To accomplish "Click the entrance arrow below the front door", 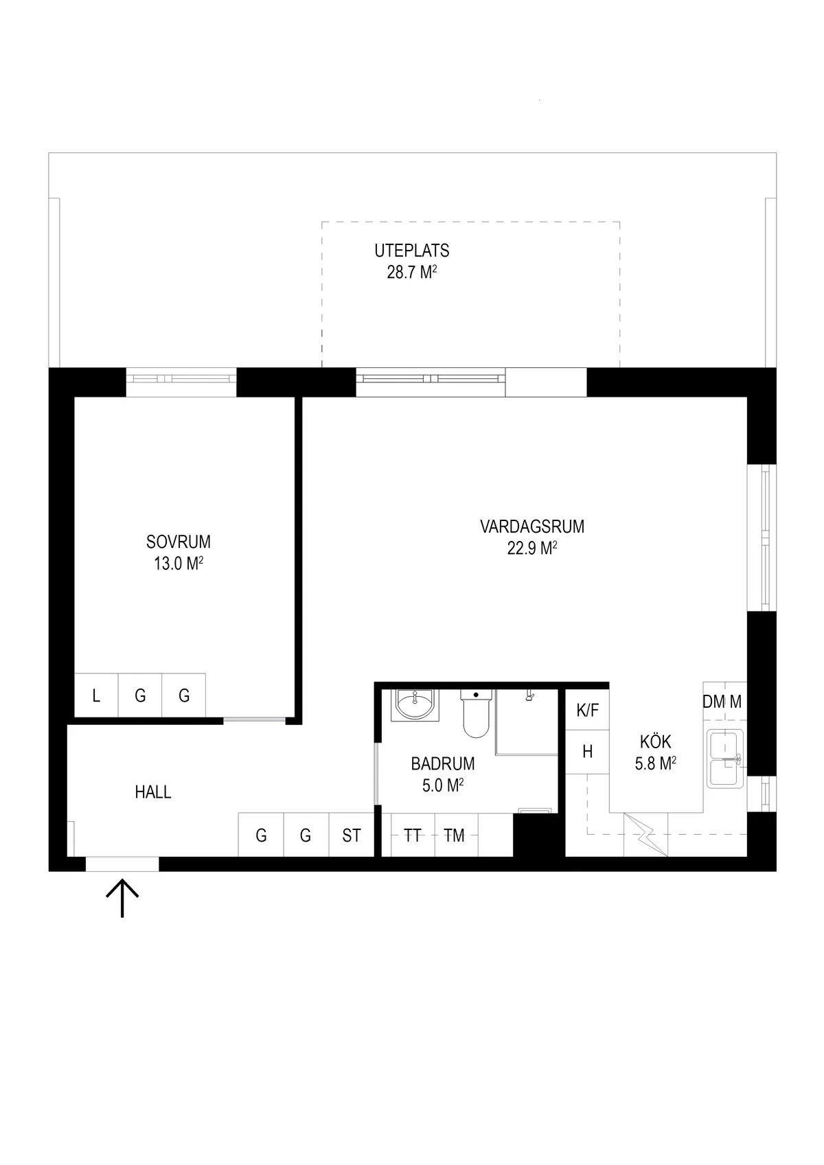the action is [122, 898].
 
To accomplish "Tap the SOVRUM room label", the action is [179, 542].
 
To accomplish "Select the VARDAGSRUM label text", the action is [532, 527].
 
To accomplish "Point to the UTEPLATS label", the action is [411, 251].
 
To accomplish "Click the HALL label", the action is [153, 792].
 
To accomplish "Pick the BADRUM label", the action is [443, 763].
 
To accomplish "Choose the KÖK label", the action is [656, 741].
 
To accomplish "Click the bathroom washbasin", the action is [415, 705].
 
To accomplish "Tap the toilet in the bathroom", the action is [476, 713].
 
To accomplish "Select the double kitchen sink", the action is [725, 759].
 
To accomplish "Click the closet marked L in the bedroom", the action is [96, 695].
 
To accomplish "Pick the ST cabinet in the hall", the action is [351, 835].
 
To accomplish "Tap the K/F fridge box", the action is [587, 710].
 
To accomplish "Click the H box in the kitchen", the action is [587, 752].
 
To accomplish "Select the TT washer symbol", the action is [413, 835].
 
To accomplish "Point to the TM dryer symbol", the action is [454, 835].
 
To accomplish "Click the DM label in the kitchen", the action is [713, 702].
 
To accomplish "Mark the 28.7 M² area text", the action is [411, 272].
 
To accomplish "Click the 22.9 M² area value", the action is [532, 548].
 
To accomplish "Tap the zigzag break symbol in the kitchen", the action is [645, 835].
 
